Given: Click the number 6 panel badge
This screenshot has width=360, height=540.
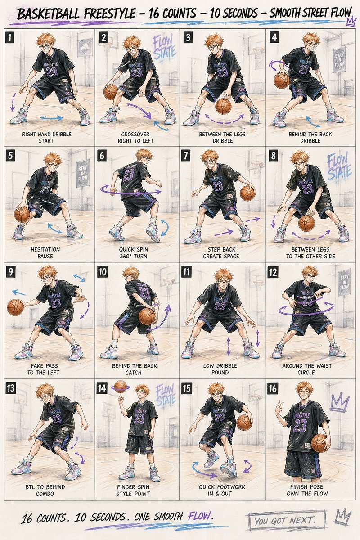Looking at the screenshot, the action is pos(102,156).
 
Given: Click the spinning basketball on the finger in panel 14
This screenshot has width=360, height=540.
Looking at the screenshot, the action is pos(121,387).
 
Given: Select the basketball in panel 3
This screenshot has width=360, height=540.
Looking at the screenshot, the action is pos(223,106).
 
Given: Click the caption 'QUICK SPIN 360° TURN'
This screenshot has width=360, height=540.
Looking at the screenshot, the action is pos(134,252).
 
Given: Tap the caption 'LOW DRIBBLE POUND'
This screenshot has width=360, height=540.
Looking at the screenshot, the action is pos(220,369).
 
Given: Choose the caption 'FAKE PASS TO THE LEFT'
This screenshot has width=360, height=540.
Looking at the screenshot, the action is pos(43,369).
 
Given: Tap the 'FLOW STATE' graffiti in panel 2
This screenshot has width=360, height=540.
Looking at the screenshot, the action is pos(164,47).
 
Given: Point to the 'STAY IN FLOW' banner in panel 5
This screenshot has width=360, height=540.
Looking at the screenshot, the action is pos(82,174).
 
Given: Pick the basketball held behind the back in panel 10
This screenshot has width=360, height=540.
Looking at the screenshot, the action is pos(147,316).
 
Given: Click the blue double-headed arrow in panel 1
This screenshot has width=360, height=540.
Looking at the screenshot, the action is pos(52,118).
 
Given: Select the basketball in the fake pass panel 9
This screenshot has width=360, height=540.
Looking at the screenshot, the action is pos(15,307).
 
